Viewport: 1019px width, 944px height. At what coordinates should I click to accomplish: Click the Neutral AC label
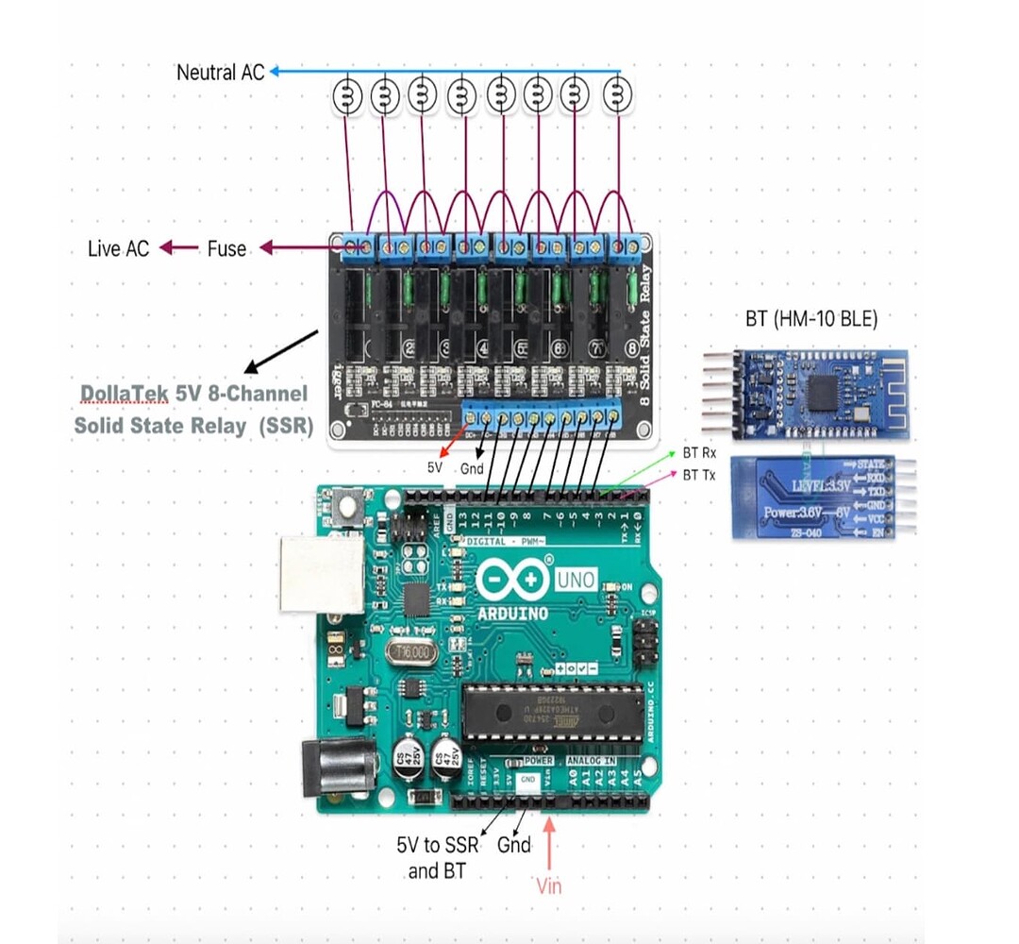coord(221,72)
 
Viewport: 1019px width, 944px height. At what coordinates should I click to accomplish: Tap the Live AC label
coord(118,248)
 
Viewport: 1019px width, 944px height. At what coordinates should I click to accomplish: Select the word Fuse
coord(226,248)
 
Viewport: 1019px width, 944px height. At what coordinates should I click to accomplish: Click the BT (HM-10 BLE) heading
coord(810,319)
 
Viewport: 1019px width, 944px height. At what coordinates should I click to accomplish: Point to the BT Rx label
coord(699,453)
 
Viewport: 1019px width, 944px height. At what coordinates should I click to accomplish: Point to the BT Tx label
coord(699,476)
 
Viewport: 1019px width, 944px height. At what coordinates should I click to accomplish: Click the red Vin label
coord(548,885)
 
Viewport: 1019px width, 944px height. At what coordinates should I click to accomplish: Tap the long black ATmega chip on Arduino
coord(553,712)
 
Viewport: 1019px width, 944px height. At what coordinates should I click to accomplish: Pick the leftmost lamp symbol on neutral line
coord(347,94)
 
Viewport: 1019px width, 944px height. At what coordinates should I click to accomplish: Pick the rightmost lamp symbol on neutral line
coord(618,94)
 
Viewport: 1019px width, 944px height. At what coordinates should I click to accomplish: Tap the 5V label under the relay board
coord(435,466)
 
